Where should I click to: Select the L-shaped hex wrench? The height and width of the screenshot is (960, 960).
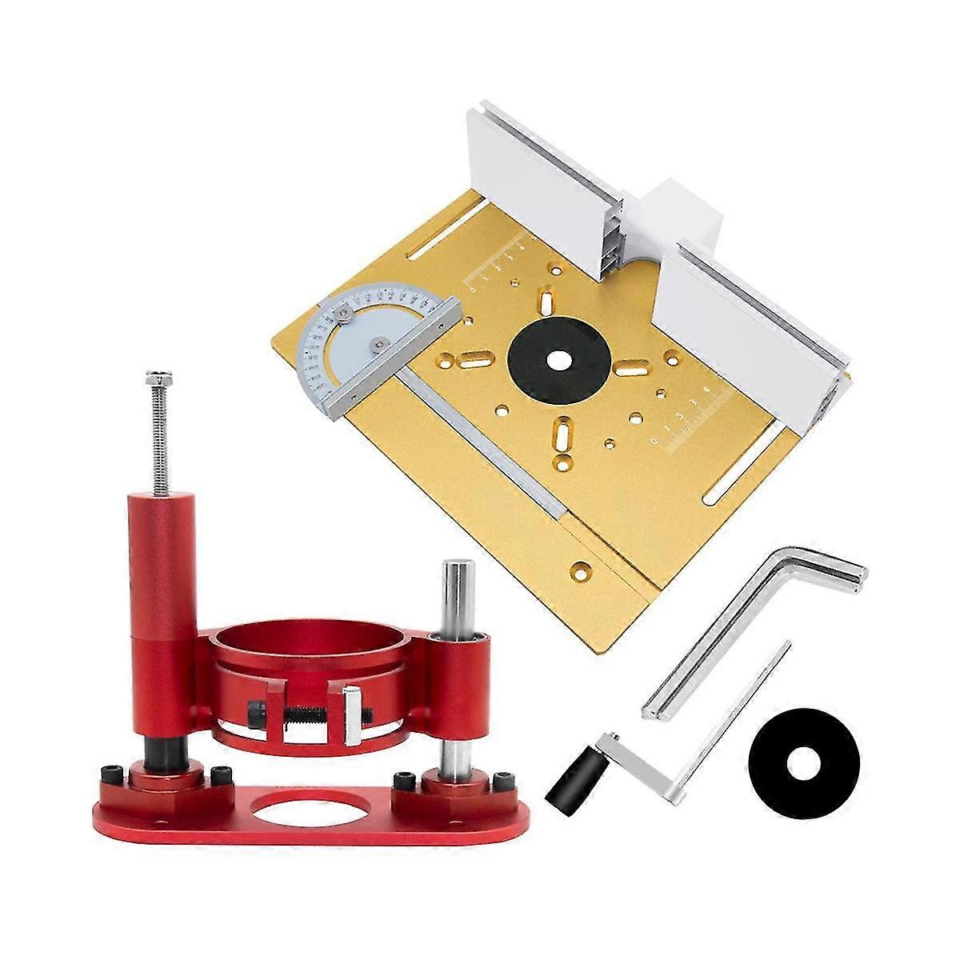[x=752, y=620]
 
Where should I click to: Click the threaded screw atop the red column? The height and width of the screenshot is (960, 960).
[x=158, y=432]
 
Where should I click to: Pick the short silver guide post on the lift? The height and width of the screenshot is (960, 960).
[x=458, y=592]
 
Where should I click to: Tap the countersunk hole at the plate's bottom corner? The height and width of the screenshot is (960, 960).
[x=582, y=570]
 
